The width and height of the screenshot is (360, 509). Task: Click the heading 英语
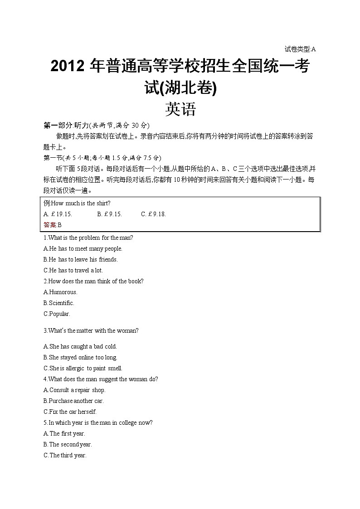180,109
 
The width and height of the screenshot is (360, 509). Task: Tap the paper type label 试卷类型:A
300,49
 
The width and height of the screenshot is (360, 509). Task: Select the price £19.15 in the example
58,214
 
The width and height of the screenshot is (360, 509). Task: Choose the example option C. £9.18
153,214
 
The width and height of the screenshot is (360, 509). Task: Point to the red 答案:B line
52,225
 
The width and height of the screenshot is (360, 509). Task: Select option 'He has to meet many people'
83,248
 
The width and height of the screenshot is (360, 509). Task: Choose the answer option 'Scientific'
59,303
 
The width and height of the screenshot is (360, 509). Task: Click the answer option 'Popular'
57,314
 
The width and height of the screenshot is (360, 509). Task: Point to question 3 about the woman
91,330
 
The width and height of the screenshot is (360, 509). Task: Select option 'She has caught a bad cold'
80,346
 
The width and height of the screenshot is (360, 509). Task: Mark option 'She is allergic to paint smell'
83,368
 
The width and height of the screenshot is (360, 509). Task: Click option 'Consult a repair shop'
74,390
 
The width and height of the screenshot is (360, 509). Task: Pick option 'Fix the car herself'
70,412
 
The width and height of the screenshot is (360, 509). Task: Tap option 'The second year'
68,444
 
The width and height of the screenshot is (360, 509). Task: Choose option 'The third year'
65,455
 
